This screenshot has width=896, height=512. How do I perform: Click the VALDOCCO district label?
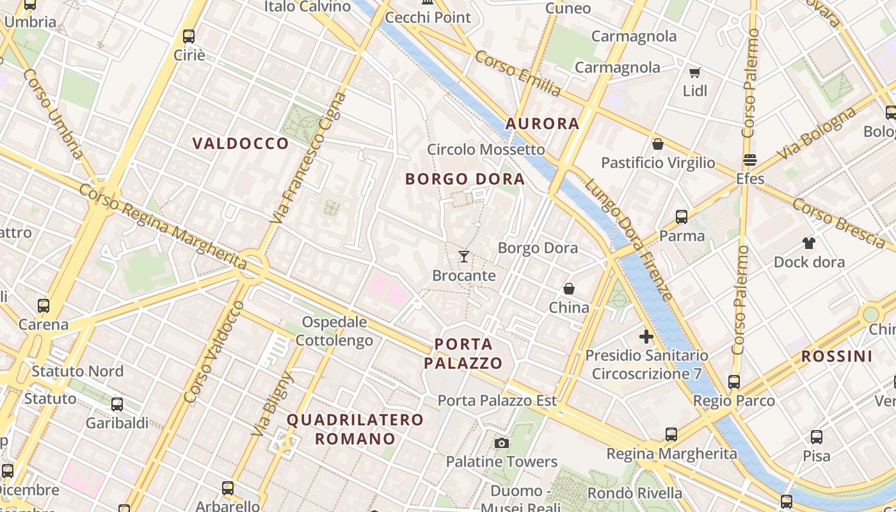coord(241,143)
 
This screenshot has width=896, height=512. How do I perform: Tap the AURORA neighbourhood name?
coord(543,124)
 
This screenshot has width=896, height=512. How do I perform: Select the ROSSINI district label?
coord(836,356)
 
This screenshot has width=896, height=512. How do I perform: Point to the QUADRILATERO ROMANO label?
coord(355,429)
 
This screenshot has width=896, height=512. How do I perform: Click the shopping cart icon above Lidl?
coord(694,72)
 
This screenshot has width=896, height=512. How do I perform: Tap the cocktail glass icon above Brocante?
coord(464,257)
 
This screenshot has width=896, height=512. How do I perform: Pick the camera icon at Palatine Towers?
coord(502,443)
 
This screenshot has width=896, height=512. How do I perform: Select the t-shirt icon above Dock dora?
coord(809,243)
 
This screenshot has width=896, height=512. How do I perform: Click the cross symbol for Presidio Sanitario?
coord(646,336)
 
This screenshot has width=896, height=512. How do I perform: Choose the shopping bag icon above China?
coord(569,289)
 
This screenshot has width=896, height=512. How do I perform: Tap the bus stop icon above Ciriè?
coord(189,36)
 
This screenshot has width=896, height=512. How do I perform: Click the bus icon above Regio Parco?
coord(734,382)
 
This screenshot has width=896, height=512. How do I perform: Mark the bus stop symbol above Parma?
coord(682,217)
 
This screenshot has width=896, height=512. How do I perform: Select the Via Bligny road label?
coord(272,404)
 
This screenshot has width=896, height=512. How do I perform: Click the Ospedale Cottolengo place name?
coord(334,331)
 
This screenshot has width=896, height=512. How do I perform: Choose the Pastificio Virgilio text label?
coord(658,163)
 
